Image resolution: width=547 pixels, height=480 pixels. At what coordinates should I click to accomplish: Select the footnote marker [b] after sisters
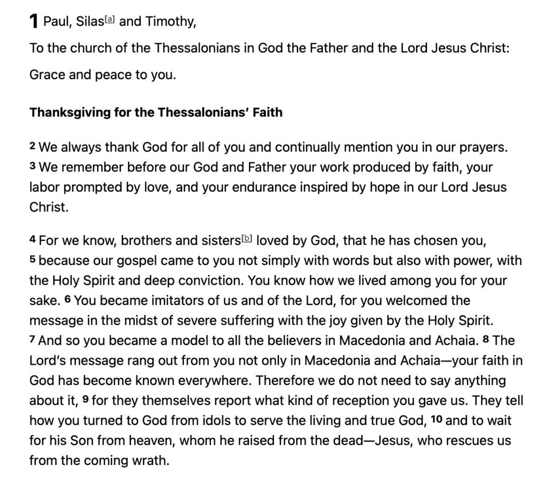coord(247,238)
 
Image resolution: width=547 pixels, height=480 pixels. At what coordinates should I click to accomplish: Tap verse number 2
coord(33,146)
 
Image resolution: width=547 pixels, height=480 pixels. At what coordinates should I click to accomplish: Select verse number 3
coord(33,167)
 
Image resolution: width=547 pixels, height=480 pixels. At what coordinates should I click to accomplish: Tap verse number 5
coord(33,260)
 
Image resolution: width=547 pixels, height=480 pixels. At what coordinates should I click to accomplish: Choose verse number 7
coord(33,340)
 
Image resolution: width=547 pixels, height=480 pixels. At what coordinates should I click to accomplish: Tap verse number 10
coord(436,419)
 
